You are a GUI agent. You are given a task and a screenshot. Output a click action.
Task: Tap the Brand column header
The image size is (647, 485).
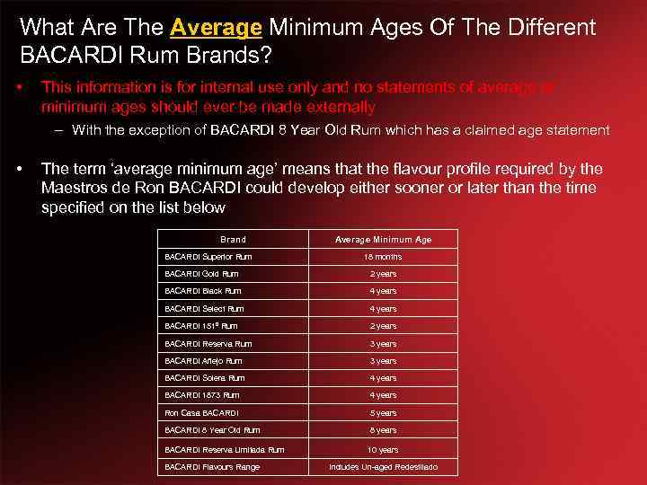[x=233, y=240]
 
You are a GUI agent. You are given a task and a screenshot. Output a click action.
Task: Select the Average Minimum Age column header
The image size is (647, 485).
[x=383, y=240]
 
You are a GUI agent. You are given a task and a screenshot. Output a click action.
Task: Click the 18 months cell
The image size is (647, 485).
[x=383, y=257]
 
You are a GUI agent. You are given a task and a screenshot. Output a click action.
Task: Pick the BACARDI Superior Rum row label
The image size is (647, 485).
[x=208, y=257]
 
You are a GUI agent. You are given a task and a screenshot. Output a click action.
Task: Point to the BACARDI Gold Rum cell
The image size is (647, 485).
[x=202, y=274]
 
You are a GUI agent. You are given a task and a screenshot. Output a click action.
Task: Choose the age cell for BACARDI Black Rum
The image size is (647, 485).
[x=383, y=291]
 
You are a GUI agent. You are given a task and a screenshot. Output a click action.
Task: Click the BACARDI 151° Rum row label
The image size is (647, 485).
[x=201, y=326]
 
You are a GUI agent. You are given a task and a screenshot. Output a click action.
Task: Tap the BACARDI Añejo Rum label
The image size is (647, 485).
[x=203, y=361]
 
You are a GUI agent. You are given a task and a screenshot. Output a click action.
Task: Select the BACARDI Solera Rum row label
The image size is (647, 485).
[x=205, y=378]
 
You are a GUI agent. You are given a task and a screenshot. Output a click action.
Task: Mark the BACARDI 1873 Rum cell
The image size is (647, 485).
[x=202, y=395]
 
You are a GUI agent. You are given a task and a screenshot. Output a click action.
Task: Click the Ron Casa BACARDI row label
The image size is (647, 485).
[x=201, y=413]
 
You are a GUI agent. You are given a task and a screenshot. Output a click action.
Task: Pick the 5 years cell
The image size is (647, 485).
[x=383, y=413]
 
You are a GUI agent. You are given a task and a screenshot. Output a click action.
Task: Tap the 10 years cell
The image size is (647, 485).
[x=383, y=450]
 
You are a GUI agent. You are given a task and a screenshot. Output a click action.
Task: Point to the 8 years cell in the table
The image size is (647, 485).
[x=383, y=430]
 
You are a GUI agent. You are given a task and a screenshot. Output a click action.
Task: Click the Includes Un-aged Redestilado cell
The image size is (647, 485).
[x=383, y=467]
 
